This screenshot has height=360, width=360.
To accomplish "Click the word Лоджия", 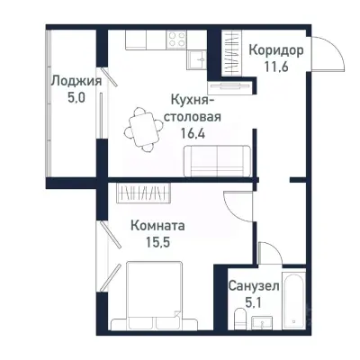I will click(x=75, y=81).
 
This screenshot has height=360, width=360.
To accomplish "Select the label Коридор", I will click(x=274, y=49).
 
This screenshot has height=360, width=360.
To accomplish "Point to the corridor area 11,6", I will click(x=274, y=66).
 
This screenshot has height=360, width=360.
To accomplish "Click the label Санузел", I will click(x=253, y=285).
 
